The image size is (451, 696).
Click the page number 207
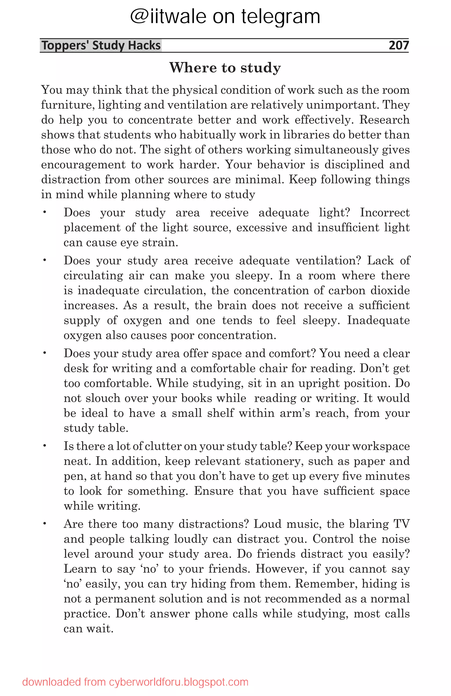click(398, 45)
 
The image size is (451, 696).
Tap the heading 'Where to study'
click(225, 68)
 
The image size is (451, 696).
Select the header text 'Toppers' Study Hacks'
click(101, 45)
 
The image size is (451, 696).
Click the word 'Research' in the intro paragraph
click(384, 120)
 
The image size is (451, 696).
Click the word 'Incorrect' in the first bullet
click(384, 212)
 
